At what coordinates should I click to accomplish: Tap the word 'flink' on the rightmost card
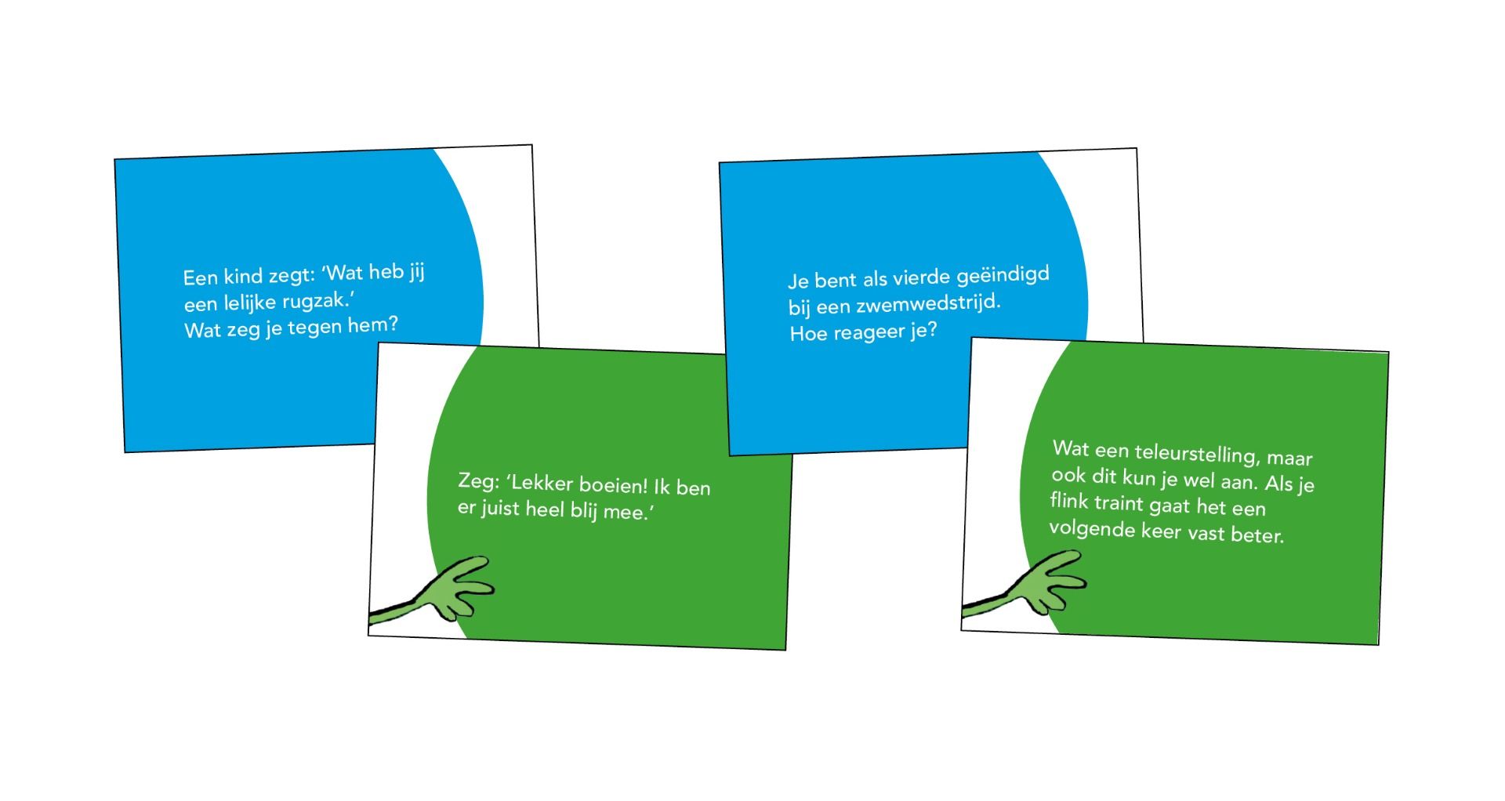click(1069, 500)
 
